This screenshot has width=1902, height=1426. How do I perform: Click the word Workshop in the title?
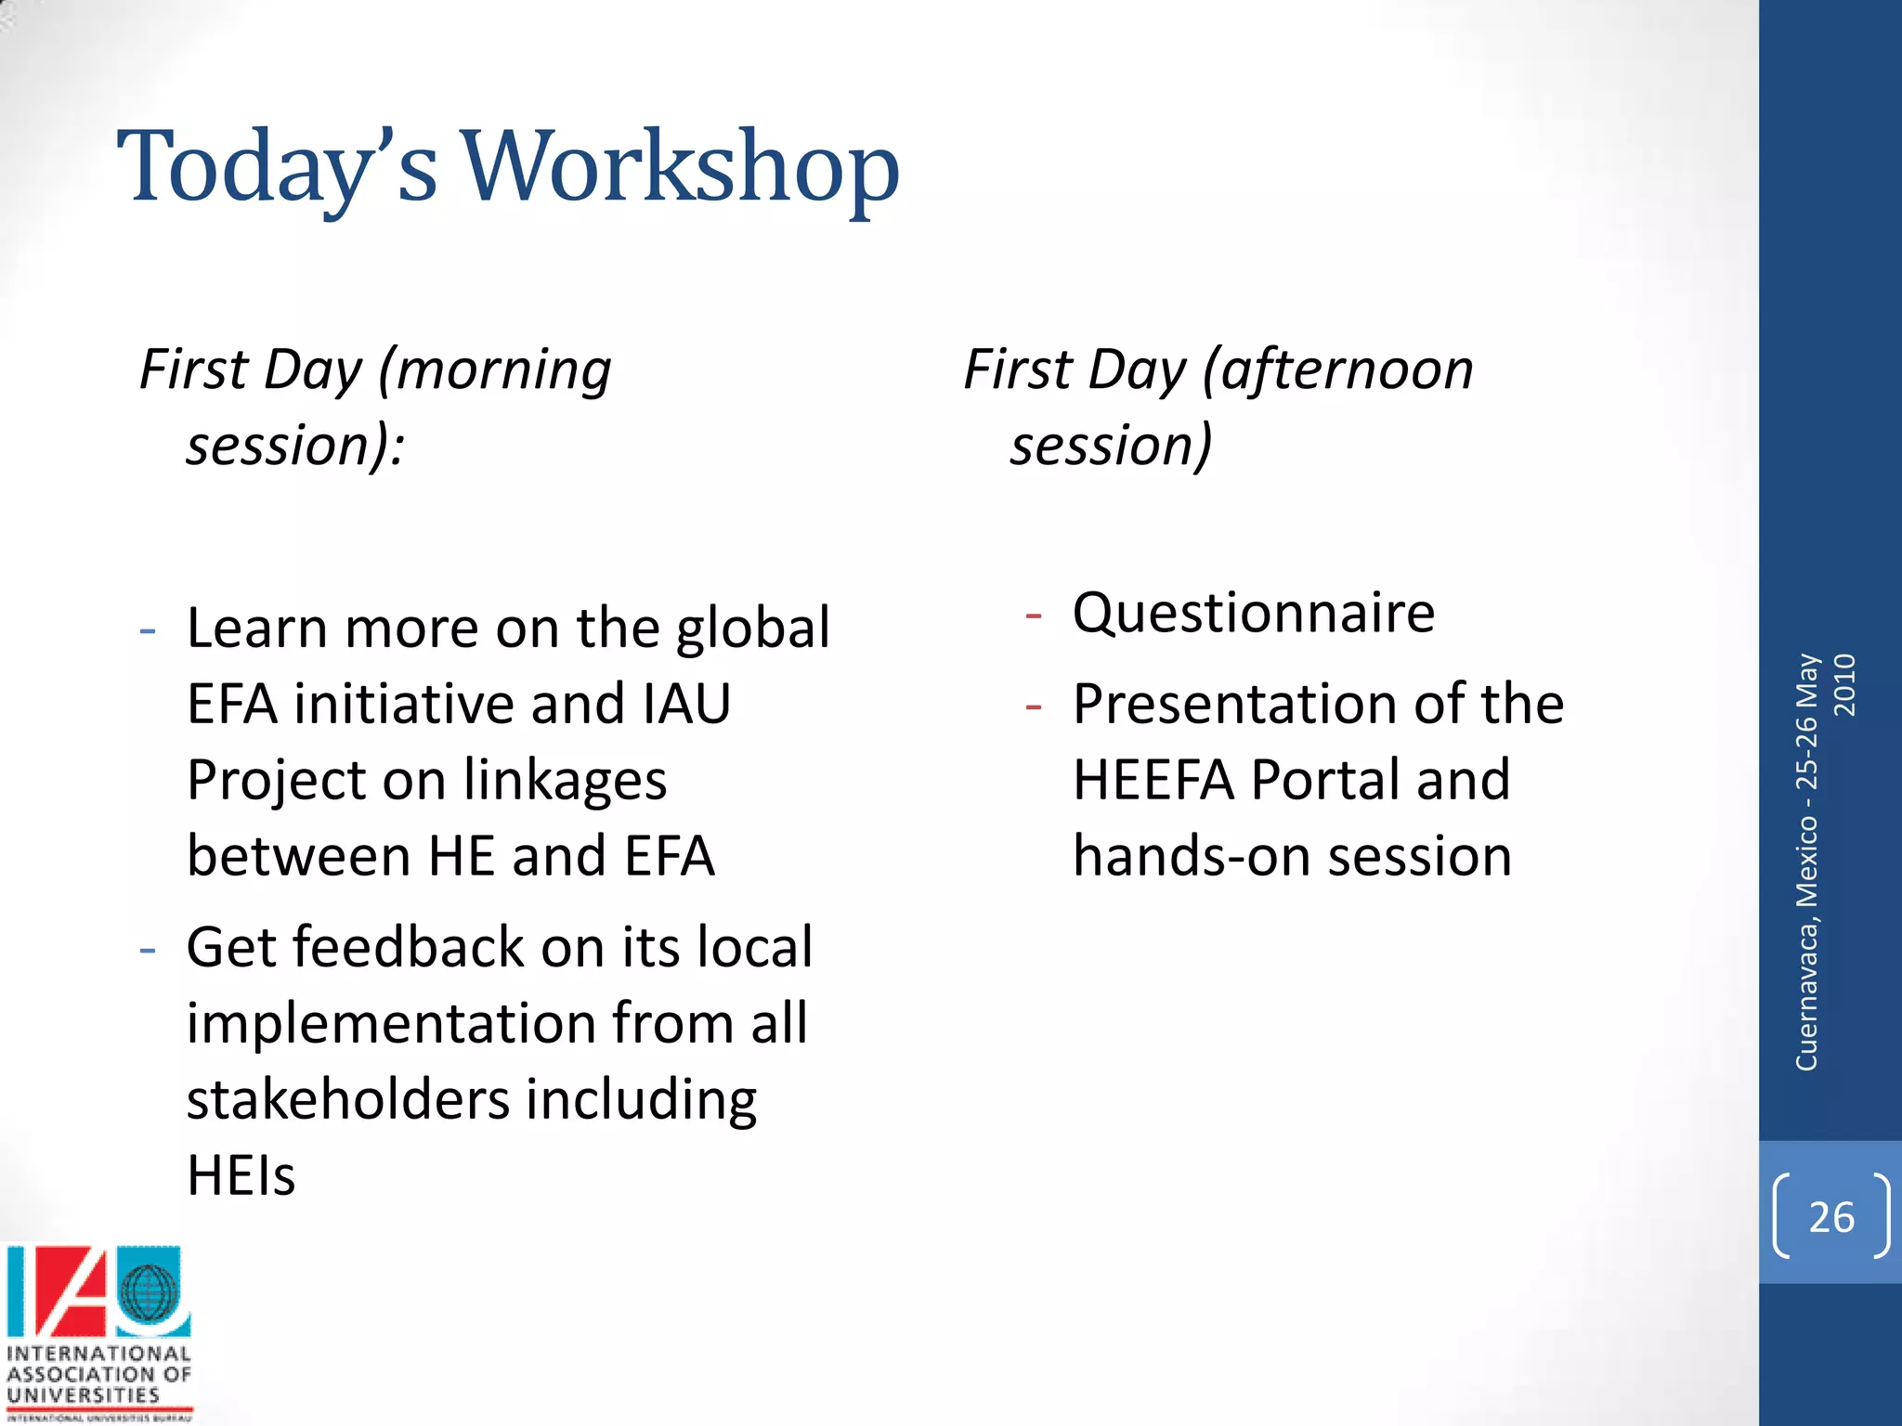pyautogui.click(x=681, y=167)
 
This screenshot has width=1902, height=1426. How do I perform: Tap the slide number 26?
pyautogui.click(x=1831, y=1217)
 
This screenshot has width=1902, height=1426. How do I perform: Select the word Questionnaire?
pyautogui.click(x=1253, y=614)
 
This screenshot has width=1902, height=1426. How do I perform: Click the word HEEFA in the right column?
pyautogui.click(x=1153, y=780)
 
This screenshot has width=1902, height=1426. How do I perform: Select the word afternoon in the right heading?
pyautogui.click(x=1347, y=371)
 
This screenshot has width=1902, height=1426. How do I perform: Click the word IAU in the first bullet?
pyautogui.click(x=685, y=704)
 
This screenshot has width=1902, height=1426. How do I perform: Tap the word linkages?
pyautogui.click(x=565, y=780)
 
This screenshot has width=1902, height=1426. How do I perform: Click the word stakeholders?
pyautogui.click(x=348, y=1099)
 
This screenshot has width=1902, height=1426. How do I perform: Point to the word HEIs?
pyautogui.click(x=241, y=1176)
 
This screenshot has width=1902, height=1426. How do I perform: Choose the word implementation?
pyautogui.click(x=391, y=1024)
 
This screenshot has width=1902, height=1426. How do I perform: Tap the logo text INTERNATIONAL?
pyautogui.click(x=98, y=1354)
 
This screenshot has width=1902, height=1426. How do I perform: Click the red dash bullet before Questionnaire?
pyautogui.click(x=1034, y=616)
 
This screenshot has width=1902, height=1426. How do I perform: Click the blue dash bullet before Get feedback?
pyautogui.click(x=147, y=951)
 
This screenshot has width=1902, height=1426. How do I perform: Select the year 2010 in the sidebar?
pyautogui.click(x=1845, y=685)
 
